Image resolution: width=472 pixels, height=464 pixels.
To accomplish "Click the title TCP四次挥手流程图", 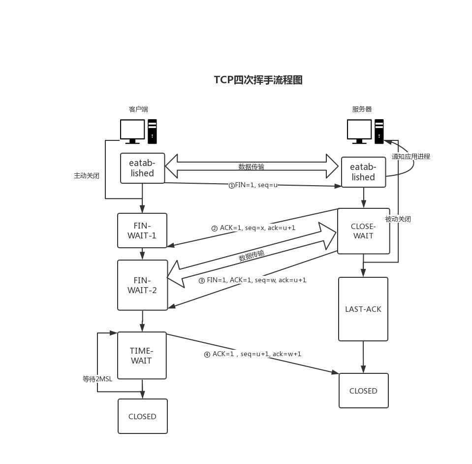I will (258, 80).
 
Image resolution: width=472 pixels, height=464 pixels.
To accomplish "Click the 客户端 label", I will (138, 109).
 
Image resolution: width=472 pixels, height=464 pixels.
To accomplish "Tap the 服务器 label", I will (362, 109).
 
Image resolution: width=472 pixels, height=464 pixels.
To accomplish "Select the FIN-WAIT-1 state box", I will (142, 231).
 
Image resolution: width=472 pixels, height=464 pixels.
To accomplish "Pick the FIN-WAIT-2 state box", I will (142, 285).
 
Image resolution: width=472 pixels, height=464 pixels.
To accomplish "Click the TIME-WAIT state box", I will (142, 355).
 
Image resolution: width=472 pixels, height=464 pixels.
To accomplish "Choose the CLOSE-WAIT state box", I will (363, 231).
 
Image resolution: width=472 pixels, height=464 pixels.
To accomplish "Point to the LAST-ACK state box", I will (363, 309).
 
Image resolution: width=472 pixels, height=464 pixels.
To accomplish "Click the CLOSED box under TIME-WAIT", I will (142, 416).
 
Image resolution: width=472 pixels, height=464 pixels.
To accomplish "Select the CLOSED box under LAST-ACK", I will (363, 391).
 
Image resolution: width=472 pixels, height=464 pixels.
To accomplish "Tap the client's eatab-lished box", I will (142, 168).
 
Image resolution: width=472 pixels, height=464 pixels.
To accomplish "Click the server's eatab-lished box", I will (363, 172).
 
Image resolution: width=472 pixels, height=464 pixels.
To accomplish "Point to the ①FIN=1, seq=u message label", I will (253, 186).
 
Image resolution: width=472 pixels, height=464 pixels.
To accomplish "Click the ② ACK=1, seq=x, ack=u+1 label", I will (253, 229).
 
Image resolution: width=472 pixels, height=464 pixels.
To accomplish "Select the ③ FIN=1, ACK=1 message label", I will (252, 280).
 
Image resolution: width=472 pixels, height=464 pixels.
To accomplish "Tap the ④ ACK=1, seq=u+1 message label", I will (252, 354).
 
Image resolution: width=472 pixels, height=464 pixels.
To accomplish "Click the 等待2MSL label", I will (97, 379).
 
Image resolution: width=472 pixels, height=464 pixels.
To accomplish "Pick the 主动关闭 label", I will (87, 175).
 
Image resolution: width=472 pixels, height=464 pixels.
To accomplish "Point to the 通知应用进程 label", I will (411, 156).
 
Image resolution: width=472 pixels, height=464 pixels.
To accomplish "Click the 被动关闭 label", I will (398, 219).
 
